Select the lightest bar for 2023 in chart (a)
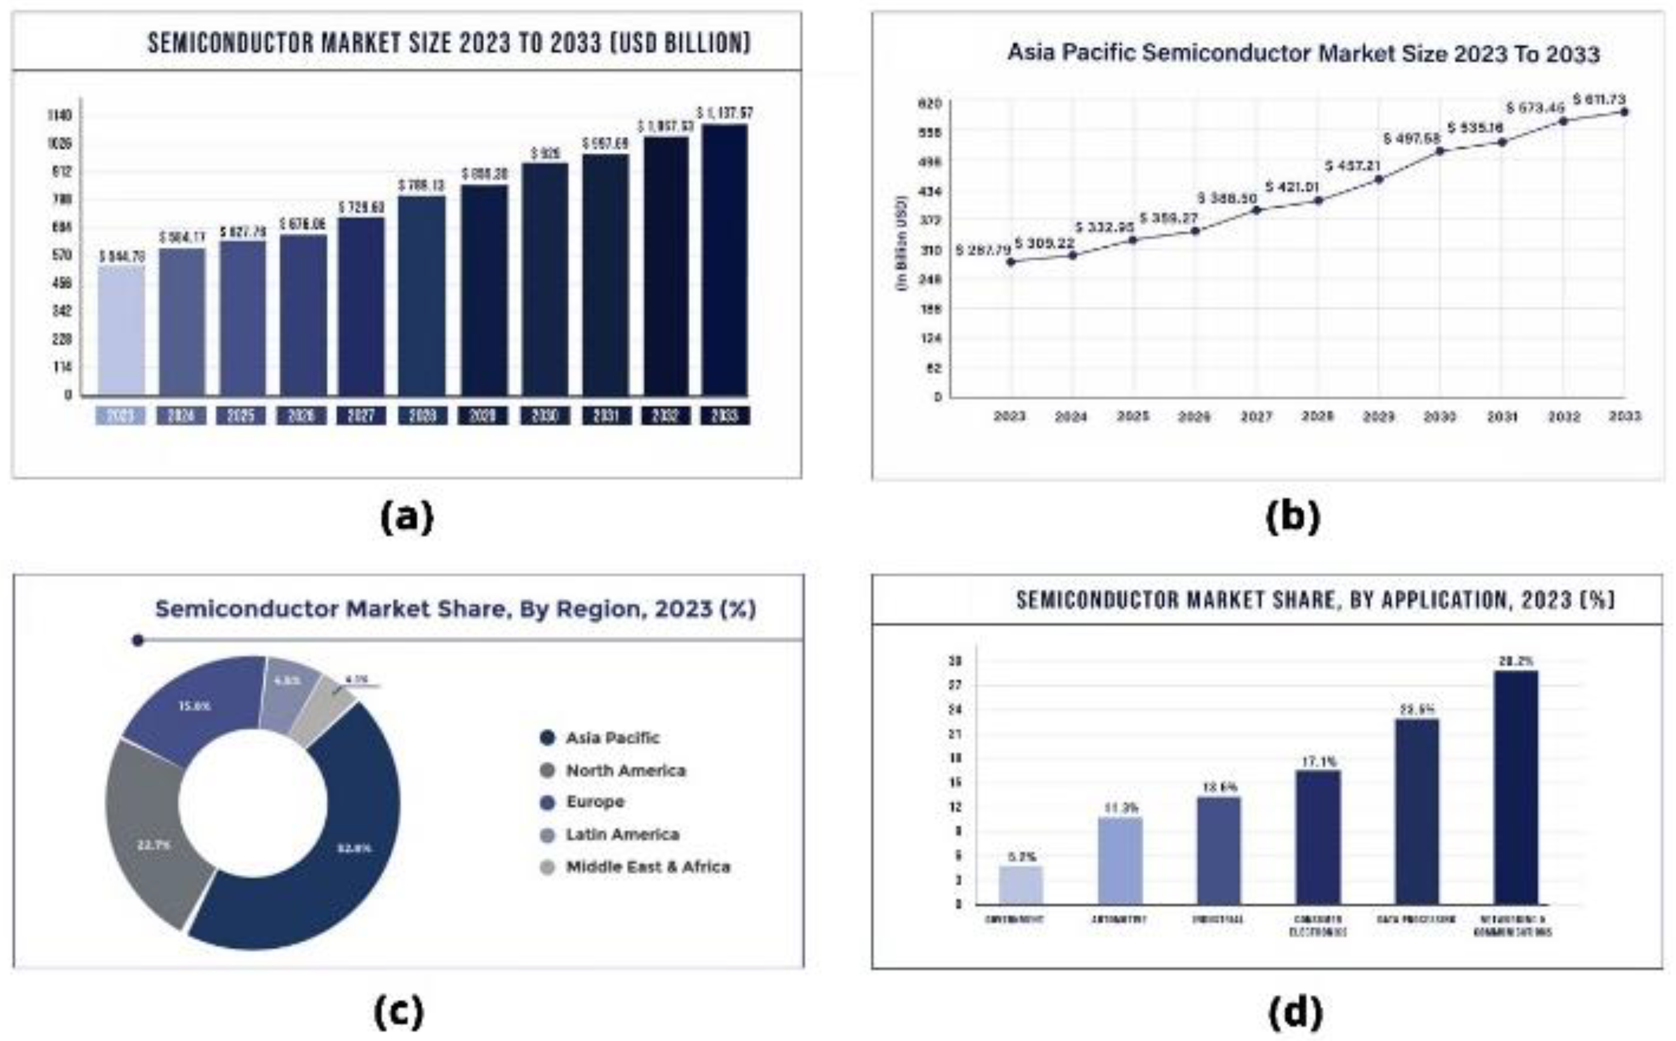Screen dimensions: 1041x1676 (121, 330)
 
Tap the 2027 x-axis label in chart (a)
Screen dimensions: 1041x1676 (361, 416)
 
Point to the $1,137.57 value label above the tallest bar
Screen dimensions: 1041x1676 (725, 112)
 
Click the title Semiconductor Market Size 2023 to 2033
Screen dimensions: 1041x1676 (449, 43)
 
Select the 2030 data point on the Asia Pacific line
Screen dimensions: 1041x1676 (1440, 151)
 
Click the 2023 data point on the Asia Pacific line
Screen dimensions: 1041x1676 (1011, 261)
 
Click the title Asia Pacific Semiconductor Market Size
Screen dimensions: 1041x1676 (1303, 54)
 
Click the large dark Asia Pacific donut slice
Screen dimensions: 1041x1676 (344, 854)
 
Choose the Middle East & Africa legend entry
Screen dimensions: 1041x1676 (647, 867)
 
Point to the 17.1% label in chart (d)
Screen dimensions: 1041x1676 (1319, 762)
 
